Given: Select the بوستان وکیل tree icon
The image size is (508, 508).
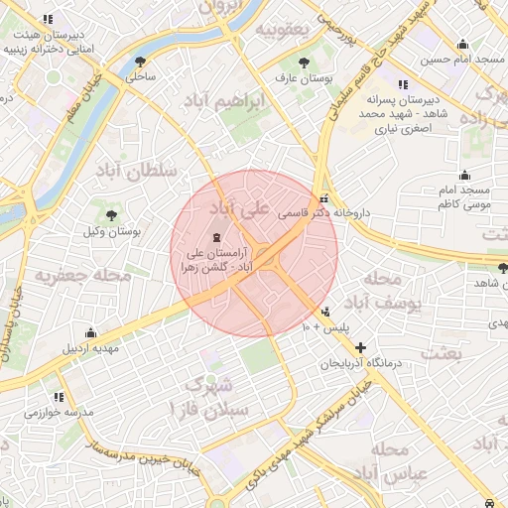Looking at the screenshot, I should pos(110,214).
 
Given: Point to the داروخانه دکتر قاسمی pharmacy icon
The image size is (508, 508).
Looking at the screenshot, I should pos(324,196).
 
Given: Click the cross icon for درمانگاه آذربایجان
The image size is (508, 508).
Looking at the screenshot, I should pos(359,348).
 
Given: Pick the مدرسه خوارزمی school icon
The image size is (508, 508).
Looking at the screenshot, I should pos(43,396).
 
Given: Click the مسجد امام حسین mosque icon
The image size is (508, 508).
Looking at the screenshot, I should pos(462,44).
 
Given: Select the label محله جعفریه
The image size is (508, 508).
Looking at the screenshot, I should pos(84,275).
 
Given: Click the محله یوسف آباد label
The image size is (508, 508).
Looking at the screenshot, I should pos(381,289).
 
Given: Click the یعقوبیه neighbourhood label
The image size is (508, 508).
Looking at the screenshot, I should pos(284,29).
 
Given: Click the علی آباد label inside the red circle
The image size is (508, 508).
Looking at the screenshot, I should pos(238,208).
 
